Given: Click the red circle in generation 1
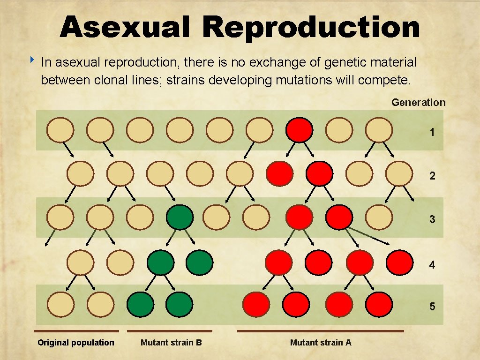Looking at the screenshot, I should click(x=299, y=130).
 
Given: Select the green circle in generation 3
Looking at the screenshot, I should click(x=180, y=217).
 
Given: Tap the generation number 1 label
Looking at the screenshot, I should click(x=432, y=133).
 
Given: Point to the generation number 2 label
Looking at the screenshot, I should click(x=432, y=176).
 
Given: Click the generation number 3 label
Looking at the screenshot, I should click(x=432, y=219).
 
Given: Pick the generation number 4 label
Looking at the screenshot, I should click(x=432, y=265).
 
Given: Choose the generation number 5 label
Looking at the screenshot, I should click(x=432, y=307).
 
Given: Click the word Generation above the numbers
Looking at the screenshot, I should click(x=418, y=102).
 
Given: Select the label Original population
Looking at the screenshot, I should click(x=76, y=343).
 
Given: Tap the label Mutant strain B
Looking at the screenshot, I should click(x=171, y=343).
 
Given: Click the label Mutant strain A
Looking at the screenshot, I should click(x=321, y=343).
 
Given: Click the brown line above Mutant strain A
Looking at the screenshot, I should click(x=320, y=331).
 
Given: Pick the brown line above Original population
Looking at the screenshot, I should click(x=76, y=331).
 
